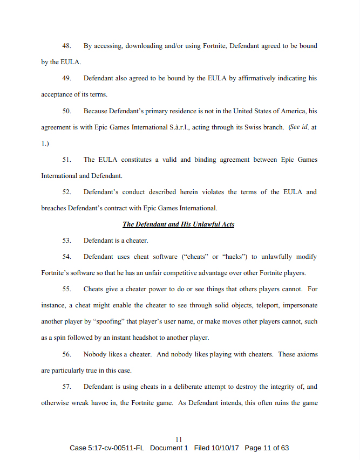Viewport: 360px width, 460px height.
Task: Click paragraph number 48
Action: (x=67, y=46)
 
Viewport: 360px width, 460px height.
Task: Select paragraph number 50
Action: (x=67, y=111)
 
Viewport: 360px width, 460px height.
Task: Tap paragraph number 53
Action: (x=67, y=241)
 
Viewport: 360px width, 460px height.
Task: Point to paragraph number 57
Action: (x=67, y=387)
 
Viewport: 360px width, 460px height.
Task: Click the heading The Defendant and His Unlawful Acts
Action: (x=178, y=224)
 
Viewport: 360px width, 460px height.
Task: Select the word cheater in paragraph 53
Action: (x=137, y=241)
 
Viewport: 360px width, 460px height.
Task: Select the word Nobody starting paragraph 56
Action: (x=95, y=354)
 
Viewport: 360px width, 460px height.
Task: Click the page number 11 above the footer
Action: (x=180, y=440)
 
